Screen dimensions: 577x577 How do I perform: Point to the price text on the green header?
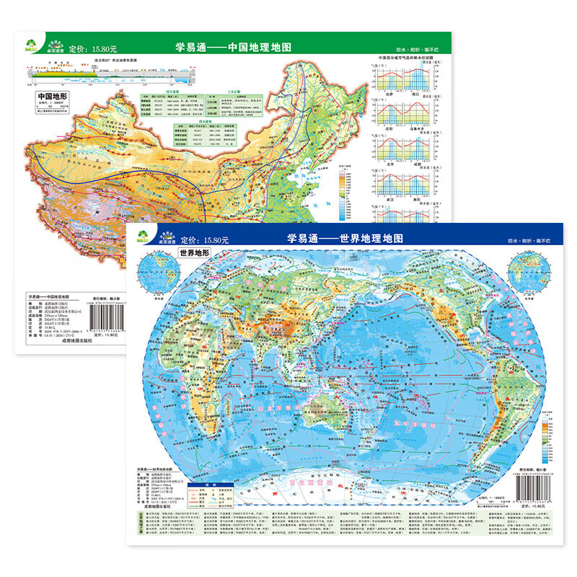(93, 50)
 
